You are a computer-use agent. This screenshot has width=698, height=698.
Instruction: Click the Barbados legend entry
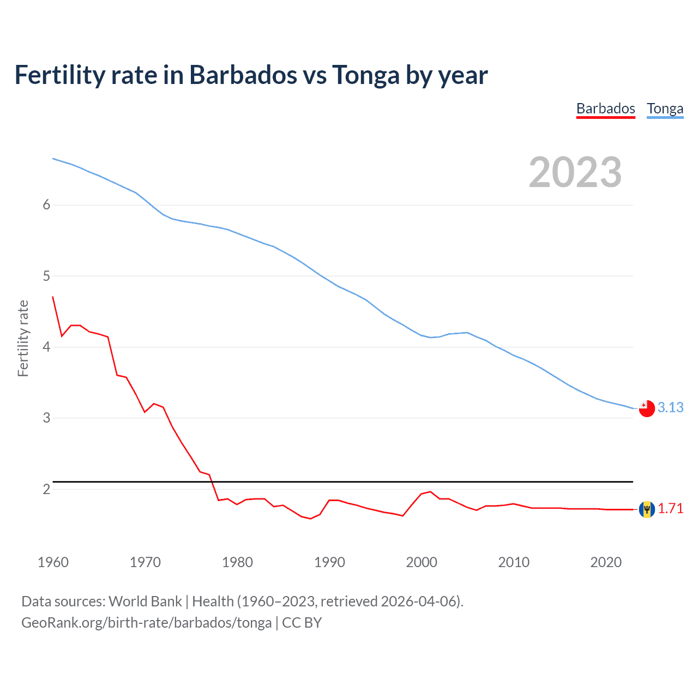pos(605,109)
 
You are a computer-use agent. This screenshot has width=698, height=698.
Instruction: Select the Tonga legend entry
pos(665,109)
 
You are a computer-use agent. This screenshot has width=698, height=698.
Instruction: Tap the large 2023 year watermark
pos(575,172)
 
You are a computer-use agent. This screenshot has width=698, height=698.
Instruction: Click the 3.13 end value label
pos(670,407)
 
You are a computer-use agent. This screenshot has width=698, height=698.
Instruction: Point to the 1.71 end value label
pos(670,508)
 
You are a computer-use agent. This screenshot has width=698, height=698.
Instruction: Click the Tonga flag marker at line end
pos(647,408)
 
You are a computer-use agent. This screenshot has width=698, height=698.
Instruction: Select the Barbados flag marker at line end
pos(647,509)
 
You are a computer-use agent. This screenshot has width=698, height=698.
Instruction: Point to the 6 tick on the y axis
pos(46,204)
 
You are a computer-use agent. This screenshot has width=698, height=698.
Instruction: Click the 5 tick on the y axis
pos(46,276)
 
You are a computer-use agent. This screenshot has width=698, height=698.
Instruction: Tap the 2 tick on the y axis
pos(46,489)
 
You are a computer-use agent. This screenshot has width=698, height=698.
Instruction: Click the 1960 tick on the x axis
pos(53,562)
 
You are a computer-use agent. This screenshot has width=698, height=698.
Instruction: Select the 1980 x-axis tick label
pos(237,562)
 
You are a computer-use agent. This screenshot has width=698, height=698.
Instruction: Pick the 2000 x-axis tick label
pos(422,562)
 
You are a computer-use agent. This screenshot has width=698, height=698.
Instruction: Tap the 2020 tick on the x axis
pos(606,562)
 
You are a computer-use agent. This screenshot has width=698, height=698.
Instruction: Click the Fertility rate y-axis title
pos(23,338)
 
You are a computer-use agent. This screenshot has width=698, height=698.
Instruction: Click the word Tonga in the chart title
pos(366,75)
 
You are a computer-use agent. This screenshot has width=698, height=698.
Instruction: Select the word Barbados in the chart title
pos(243,75)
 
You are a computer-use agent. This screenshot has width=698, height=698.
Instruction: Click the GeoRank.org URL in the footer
pos(146,623)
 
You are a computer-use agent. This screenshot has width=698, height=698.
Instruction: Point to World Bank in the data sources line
pos(145,601)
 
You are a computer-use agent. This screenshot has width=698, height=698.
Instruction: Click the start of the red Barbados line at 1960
pos(53,297)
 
